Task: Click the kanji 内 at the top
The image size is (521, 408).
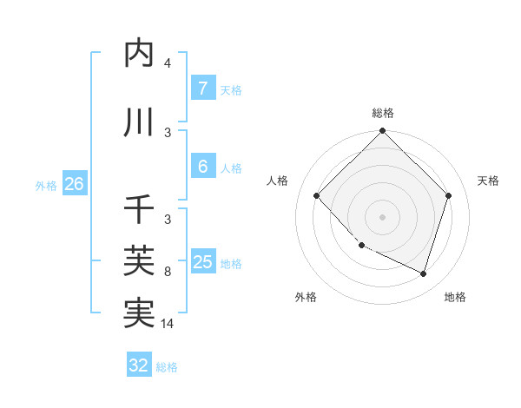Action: click(x=139, y=54)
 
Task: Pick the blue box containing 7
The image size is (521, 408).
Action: click(x=202, y=89)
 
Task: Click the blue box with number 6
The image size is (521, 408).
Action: click(x=202, y=167)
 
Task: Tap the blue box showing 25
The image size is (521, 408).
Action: click(x=202, y=262)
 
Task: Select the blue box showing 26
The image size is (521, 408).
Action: click(x=74, y=184)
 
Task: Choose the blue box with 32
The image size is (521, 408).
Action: click(x=139, y=365)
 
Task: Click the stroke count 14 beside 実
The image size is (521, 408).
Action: click(x=168, y=324)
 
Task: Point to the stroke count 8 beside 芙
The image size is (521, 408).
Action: click(x=168, y=272)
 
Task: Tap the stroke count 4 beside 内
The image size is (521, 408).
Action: click(x=168, y=63)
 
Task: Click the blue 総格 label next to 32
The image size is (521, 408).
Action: click(x=168, y=367)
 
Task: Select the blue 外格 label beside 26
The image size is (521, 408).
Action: click(x=46, y=185)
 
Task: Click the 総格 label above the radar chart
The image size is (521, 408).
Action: click(x=383, y=113)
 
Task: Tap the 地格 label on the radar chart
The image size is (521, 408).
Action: click(x=455, y=297)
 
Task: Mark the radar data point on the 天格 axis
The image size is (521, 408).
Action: click(x=449, y=195)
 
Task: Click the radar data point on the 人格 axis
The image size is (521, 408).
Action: click(x=317, y=195)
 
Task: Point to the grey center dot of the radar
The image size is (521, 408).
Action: click(x=383, y=216)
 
